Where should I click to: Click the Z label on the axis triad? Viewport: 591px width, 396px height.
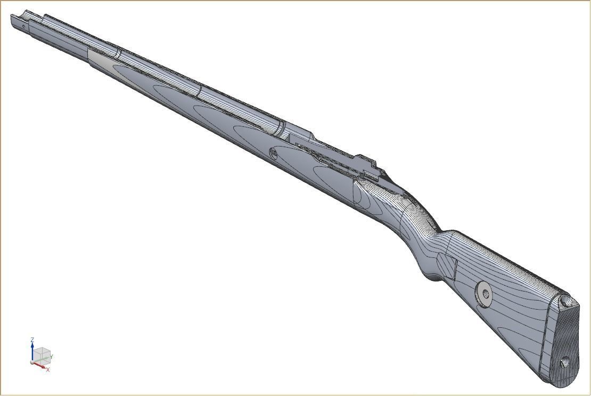[x=32, y=340]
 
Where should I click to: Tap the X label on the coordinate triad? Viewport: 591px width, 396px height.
[x=48, y=369]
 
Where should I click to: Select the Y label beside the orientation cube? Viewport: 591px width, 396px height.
[x=52, y=357]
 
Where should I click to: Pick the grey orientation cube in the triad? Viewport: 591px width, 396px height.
[x=43, y=355]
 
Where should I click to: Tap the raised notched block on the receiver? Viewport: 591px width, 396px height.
[x=367, y=164]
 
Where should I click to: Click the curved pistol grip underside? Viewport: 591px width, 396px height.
[x=431, y=274]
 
